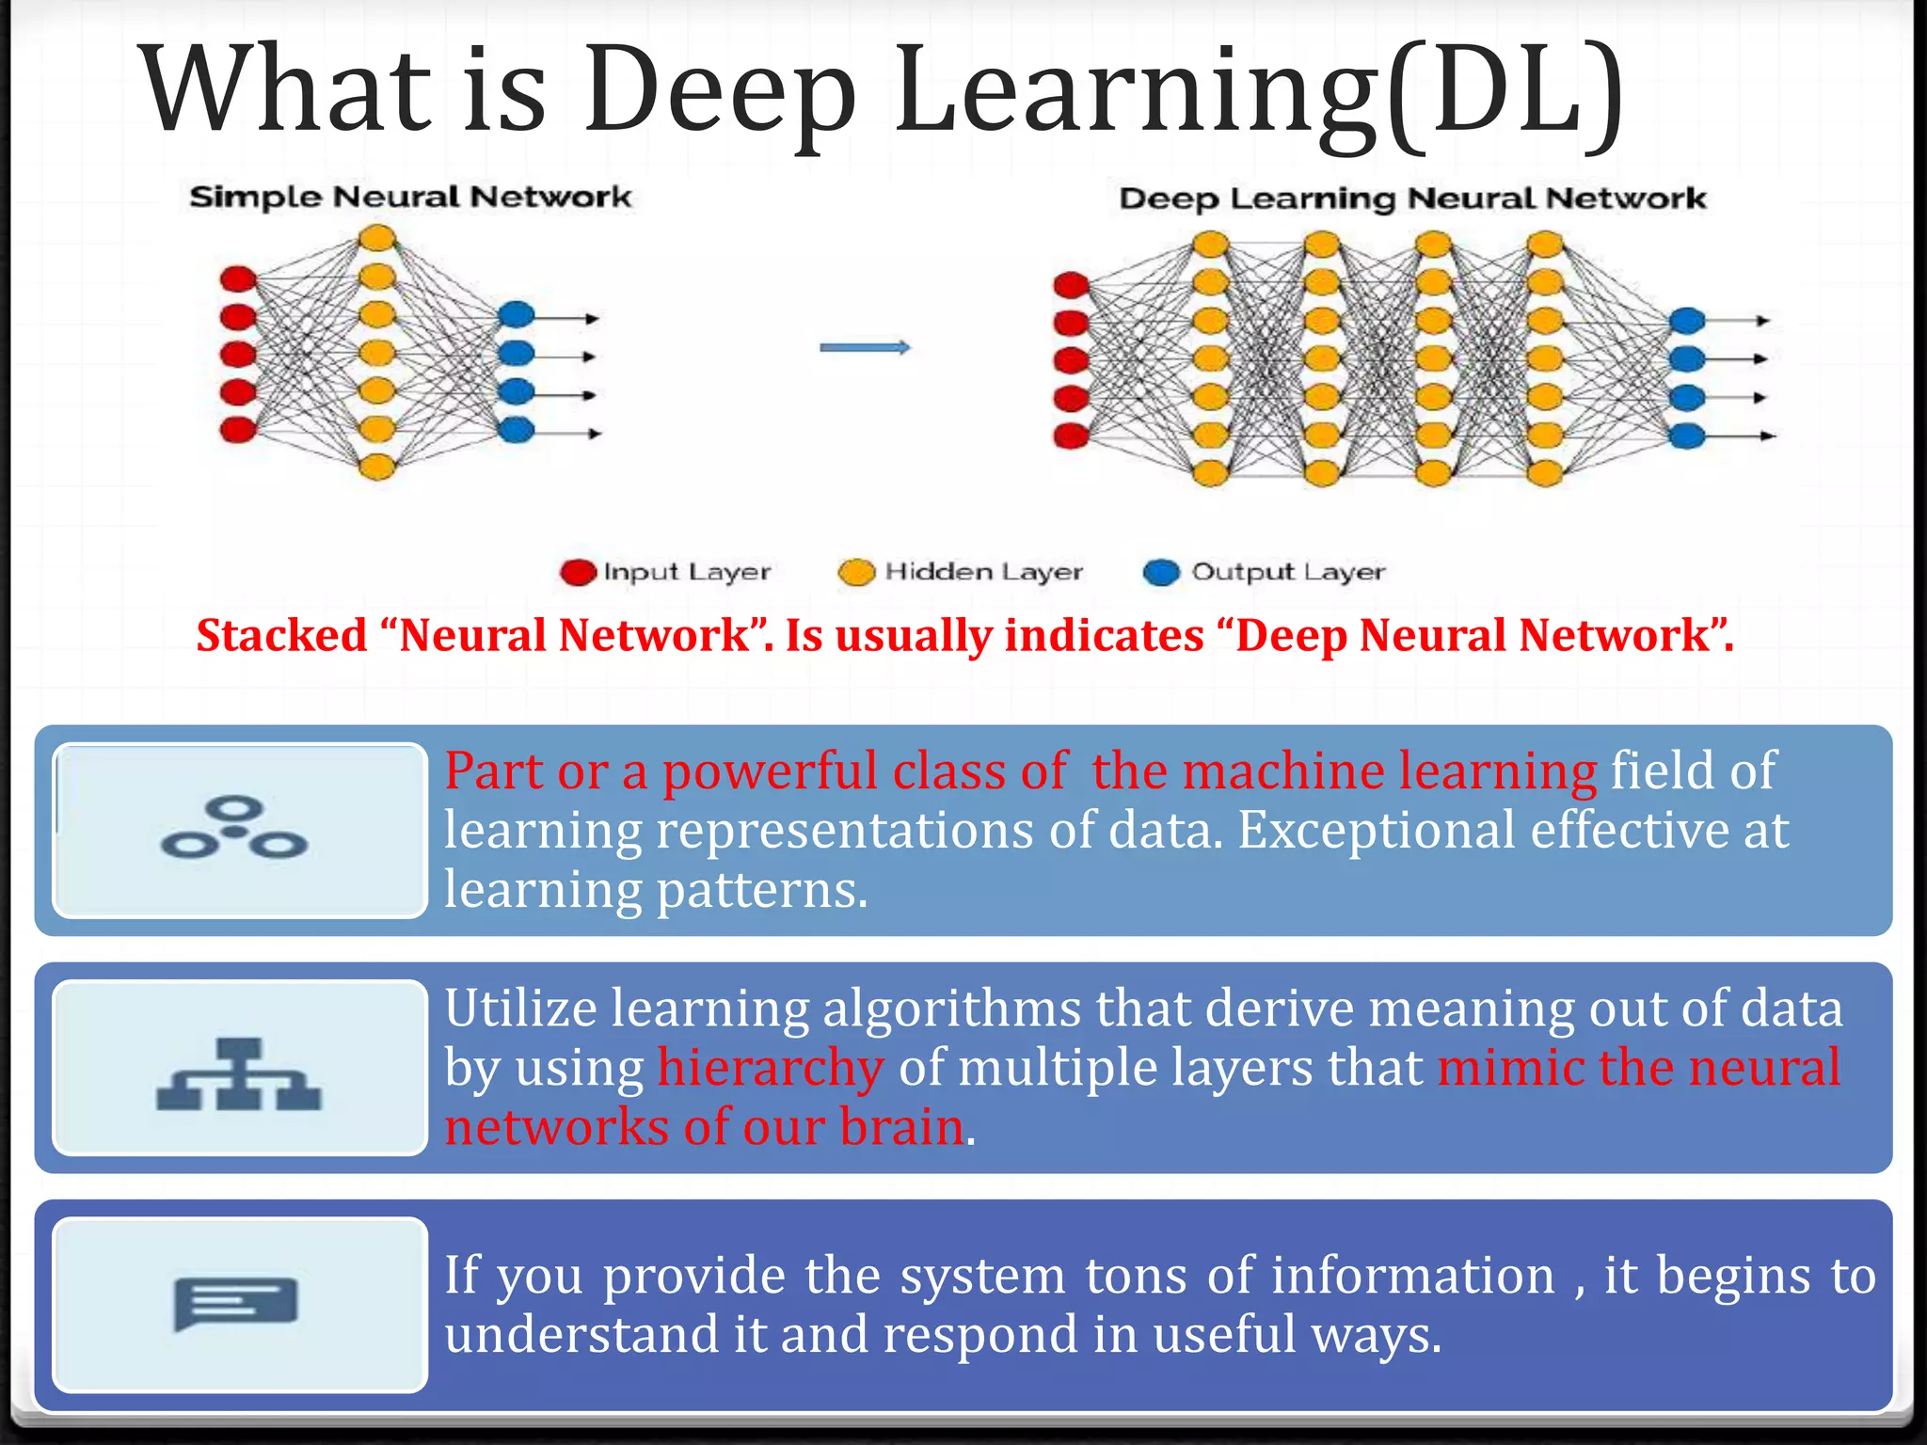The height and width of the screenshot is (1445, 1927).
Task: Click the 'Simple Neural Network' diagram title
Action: coord(409,197)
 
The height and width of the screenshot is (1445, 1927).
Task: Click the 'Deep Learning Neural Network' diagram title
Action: coord(1411,198)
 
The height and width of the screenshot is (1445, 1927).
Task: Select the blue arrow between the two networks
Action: coord(865,348)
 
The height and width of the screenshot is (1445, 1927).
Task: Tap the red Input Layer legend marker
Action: coord(578,572)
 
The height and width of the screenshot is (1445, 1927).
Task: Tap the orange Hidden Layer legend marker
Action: coord(856,572)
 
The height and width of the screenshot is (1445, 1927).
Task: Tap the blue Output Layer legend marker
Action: coord(1161,572)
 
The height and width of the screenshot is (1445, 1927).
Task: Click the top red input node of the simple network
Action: coord(238,278)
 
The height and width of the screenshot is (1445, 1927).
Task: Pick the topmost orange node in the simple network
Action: coord(377,238)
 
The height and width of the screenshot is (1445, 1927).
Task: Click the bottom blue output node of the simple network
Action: coord(517,431)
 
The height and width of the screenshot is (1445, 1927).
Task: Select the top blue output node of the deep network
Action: coord(1687,321)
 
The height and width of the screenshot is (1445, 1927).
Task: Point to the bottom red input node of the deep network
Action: coord(1071,437)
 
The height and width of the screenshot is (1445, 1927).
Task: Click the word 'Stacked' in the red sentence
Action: coord(281,635)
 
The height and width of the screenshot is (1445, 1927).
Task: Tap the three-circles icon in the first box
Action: coord(234,829)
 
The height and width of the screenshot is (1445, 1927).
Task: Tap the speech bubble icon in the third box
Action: coord(235,1303)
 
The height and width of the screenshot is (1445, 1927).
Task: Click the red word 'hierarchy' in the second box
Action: coord(771,1069)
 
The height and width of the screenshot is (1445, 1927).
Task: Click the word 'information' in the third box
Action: coord(1413,1277)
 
